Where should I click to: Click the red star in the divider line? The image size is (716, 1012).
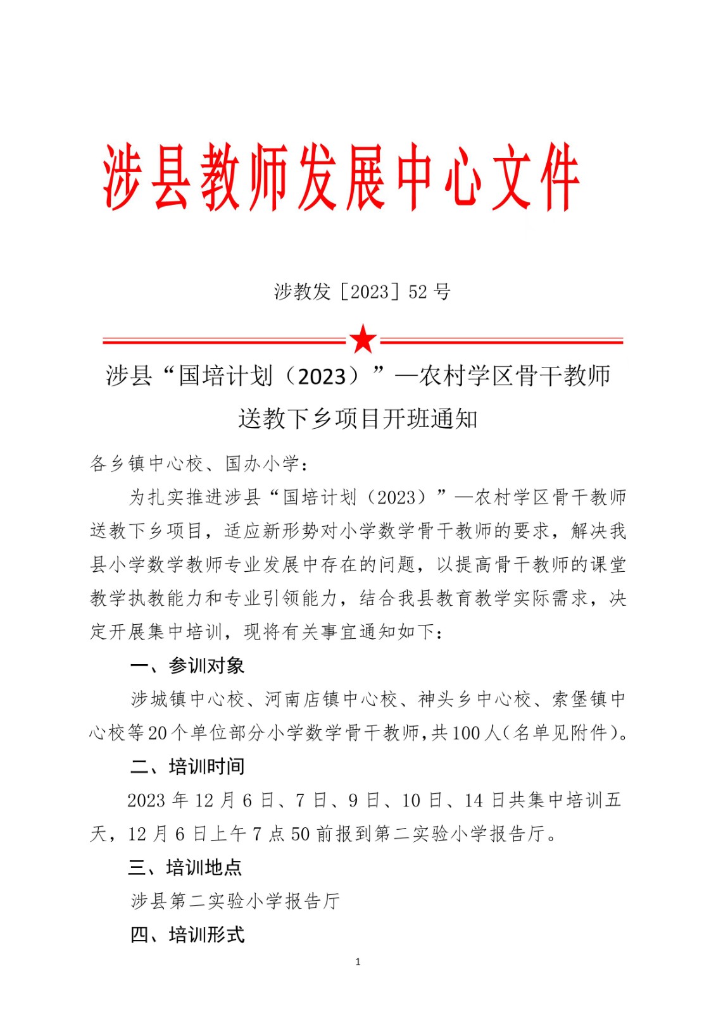(363, 340)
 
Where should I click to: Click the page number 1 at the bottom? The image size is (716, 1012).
(358, 962)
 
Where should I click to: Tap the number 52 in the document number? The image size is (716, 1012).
(418, 292)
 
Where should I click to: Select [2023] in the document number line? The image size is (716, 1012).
(370, 292)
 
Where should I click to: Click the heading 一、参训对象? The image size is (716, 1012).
(187, 665)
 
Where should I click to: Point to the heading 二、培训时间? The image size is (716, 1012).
(187, 767)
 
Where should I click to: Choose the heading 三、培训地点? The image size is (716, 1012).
(185, 867)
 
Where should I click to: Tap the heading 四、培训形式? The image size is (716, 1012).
(187, 935)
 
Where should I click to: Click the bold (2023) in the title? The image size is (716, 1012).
(322, 376)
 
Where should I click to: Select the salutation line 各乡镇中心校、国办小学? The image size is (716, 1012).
(199, 464)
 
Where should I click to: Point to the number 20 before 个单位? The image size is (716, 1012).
(157, 733)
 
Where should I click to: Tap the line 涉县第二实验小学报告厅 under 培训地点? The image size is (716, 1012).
(236, 901)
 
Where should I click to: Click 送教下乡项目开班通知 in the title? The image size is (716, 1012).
(358, 419)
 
